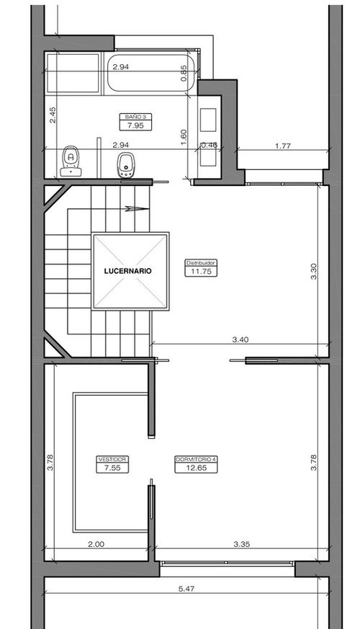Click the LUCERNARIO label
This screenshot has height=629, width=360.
pos(128,271)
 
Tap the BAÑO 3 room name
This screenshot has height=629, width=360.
pos(135,117)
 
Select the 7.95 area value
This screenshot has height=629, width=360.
pos(135,126)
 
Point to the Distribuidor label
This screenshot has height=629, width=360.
pos(201,263)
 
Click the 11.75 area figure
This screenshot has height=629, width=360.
pos(201,272)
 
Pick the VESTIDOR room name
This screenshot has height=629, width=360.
pos(112,459)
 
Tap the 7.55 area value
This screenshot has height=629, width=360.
pos(112,468)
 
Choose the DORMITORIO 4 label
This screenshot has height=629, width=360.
pos(196,459)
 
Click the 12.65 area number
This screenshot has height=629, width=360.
pos(196,468)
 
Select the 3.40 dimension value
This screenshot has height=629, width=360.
pos(240,339)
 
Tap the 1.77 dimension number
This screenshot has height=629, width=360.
pos(283,146)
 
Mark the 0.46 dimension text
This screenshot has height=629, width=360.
pos(209,146)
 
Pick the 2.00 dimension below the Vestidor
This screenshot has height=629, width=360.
pos(96,544)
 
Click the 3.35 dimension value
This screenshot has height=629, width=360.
pos(242,544)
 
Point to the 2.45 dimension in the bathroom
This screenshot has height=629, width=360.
pos(53,115)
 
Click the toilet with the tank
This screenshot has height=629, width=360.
pos(71,161)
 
